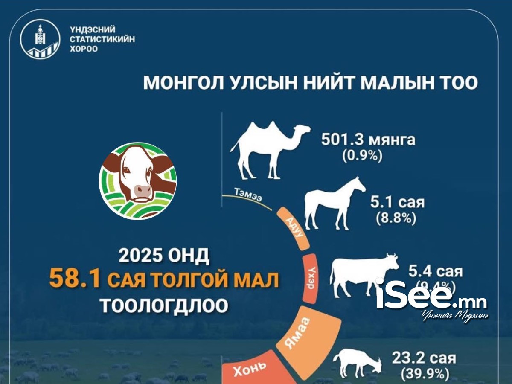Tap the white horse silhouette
[x=333, y=203]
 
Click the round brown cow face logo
[x=137, y=180]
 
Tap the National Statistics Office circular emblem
[x=40, y=40]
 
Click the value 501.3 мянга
[x=368, y=140]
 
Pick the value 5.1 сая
[x=397, y=201]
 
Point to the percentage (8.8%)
[x=396, y=218]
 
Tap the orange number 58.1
[x=75, y=280]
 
